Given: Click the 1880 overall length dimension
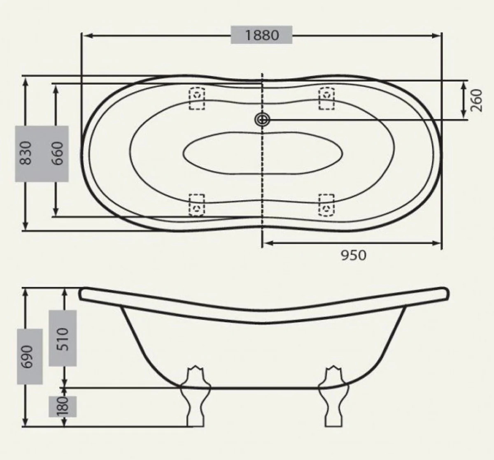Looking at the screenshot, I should [262, 35].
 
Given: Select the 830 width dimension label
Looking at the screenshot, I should [26, 153].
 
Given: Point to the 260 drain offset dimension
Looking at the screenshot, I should [476, 100].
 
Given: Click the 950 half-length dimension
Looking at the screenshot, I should [353, 256].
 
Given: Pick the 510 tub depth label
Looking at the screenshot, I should [62, 338].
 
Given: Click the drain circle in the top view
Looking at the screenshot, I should [262, 120].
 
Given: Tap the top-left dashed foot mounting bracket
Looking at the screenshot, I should [197, 98].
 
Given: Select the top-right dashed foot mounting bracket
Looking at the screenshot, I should [326, 98].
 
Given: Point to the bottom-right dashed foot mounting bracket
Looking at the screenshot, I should [326, 205].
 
